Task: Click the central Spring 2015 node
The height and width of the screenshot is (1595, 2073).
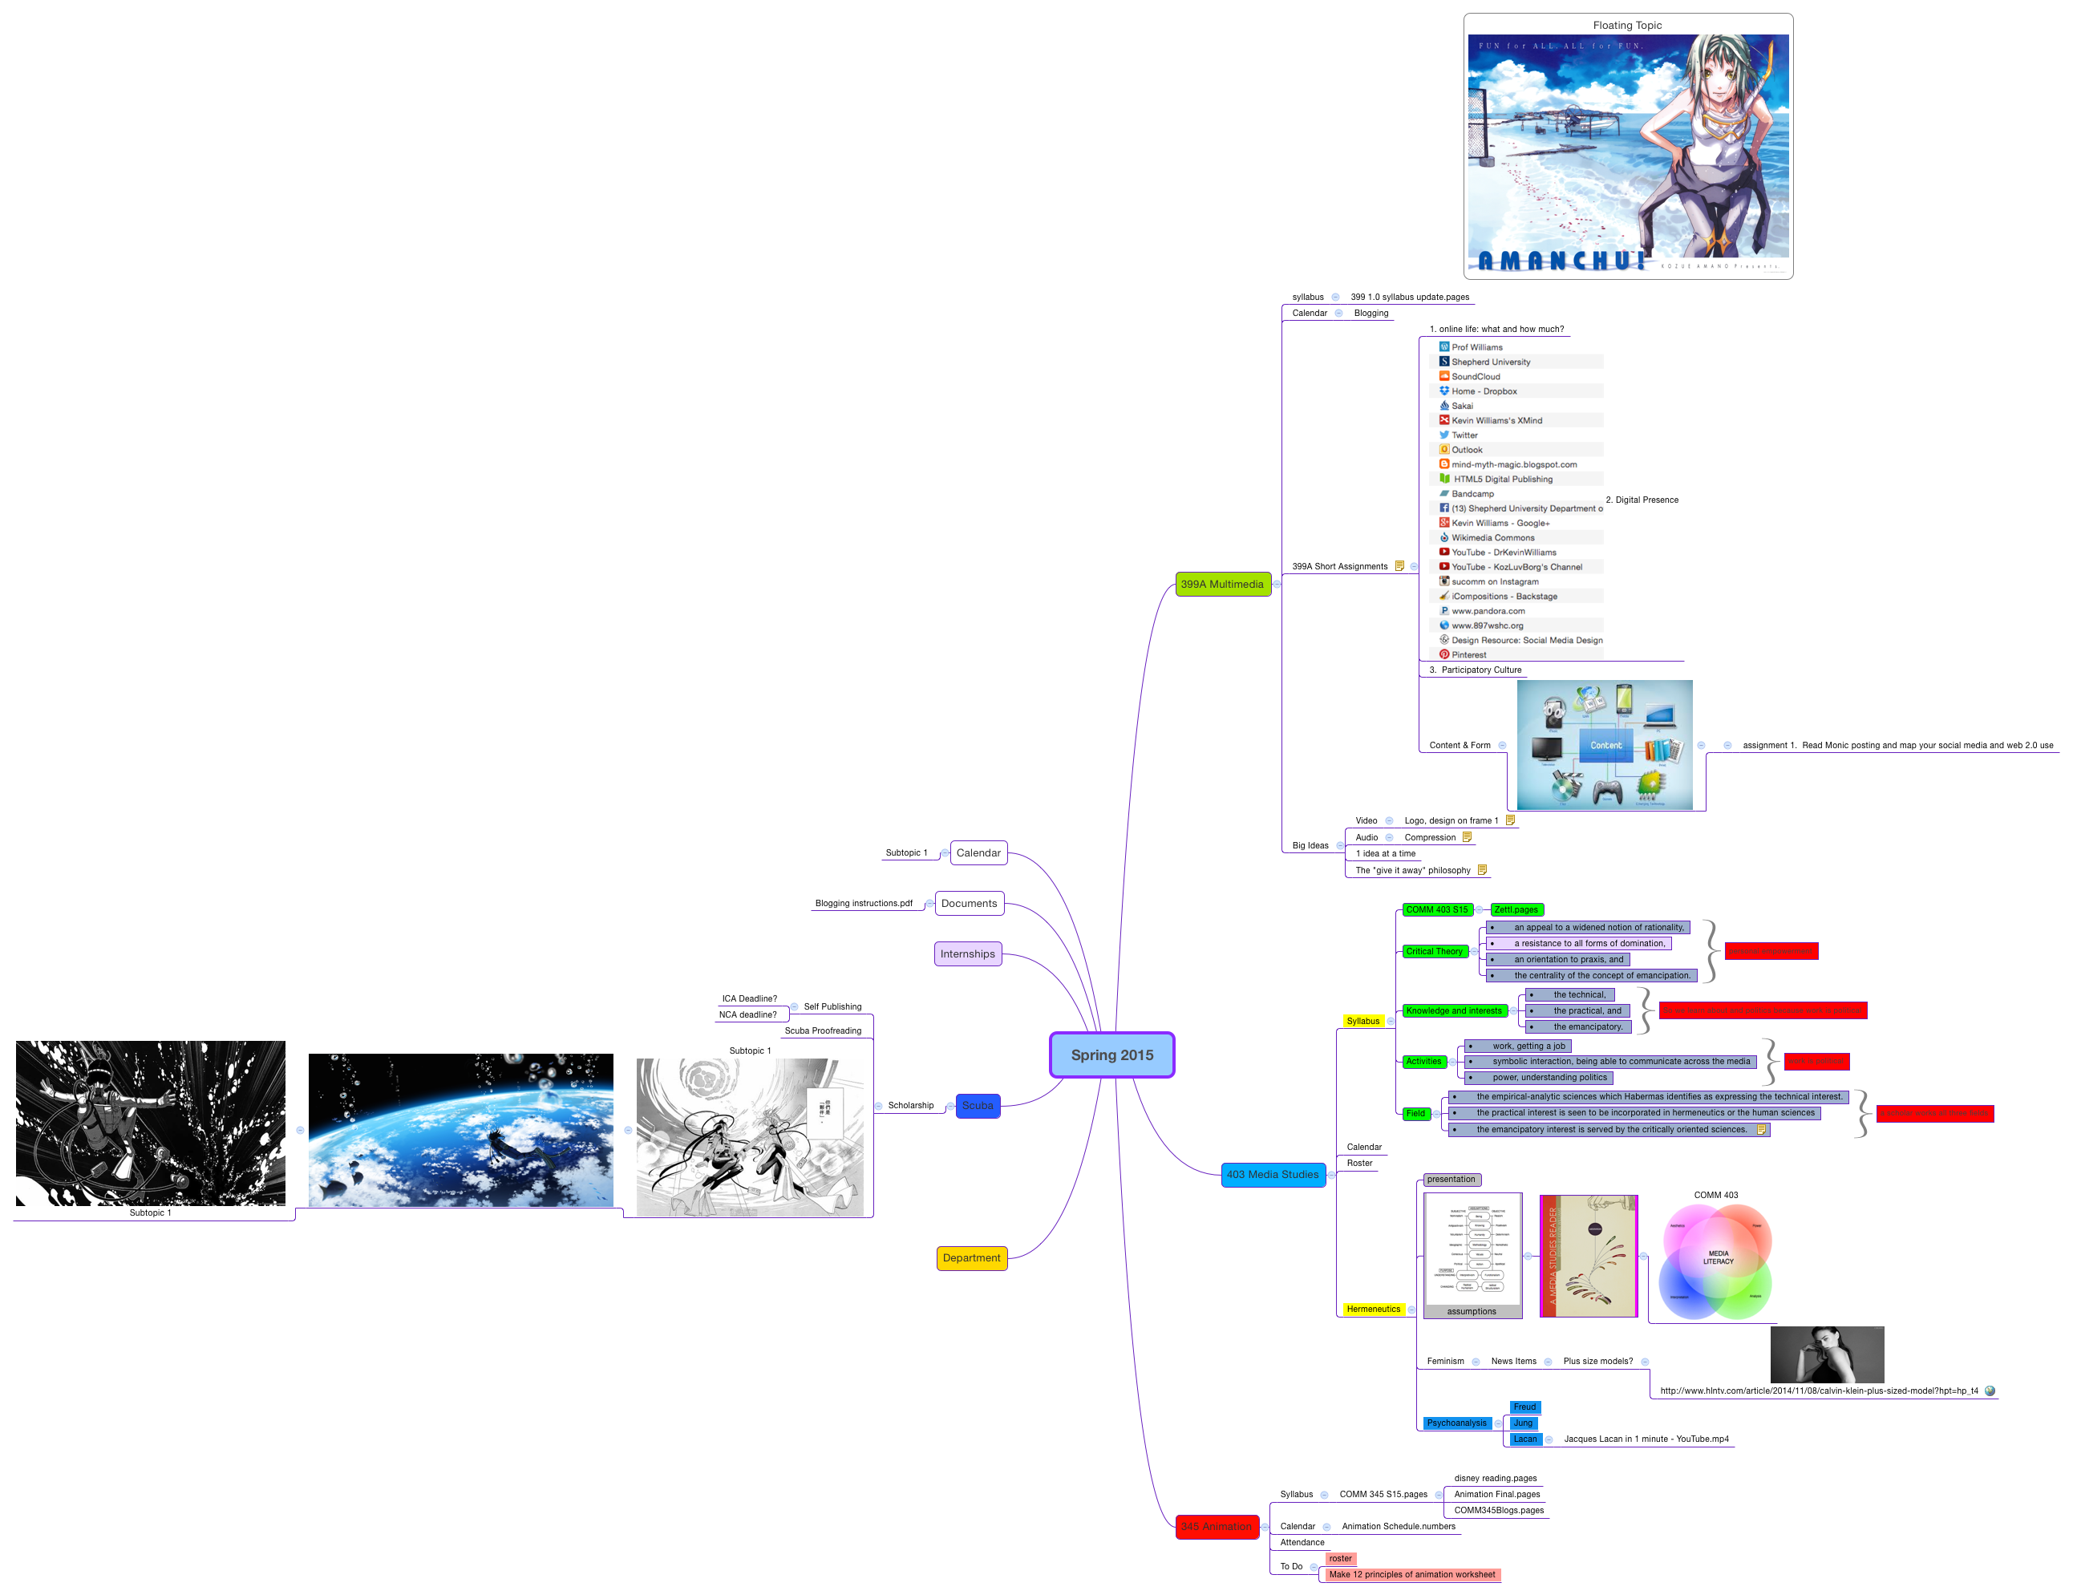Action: (x=1111, y=1055)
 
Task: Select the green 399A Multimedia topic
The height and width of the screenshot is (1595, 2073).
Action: (x=1221, y=584)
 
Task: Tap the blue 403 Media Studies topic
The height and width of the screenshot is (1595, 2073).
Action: (x=1272, y=1175)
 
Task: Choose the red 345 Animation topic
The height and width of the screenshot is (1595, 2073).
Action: (x=1216, y=1527)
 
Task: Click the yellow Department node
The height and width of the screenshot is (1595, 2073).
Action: (x=971, y=1258)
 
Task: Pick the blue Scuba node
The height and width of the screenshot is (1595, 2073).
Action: (x=977, y=1105)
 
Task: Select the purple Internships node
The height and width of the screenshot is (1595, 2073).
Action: (x=967, y=954)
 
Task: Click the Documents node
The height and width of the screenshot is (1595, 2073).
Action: (x=968, y=904)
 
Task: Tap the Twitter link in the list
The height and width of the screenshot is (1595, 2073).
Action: (x=1464, y=435)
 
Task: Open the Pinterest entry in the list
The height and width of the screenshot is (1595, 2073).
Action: (x=1468, y=655)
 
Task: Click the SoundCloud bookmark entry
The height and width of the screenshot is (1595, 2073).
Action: (x=1475, y=377)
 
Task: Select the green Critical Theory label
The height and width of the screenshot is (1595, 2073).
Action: (x=1434, y=951)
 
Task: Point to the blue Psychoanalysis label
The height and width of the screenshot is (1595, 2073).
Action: (x=1456, y=1423)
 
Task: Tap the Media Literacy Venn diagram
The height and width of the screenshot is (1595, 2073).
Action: (x=1716, y=1261)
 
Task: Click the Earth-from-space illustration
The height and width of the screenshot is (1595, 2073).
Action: (x=460, y=1130)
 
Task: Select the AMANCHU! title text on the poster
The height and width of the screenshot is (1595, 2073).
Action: (x=1561, y=260)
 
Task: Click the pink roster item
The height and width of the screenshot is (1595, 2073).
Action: (x=1340, y=1559)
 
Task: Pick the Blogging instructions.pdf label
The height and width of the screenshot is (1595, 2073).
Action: (x=863, y=904)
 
